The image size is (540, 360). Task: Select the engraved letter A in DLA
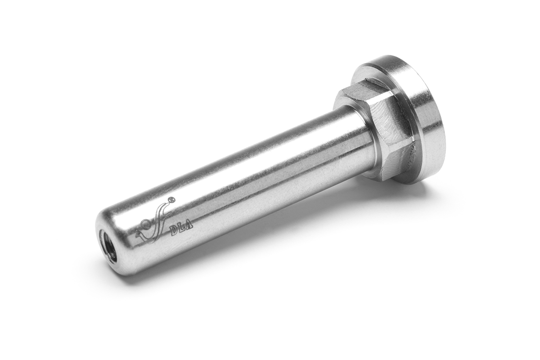tap(189, 226)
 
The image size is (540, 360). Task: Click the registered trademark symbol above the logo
tap(171, 199)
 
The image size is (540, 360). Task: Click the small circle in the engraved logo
tap(145, 224)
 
